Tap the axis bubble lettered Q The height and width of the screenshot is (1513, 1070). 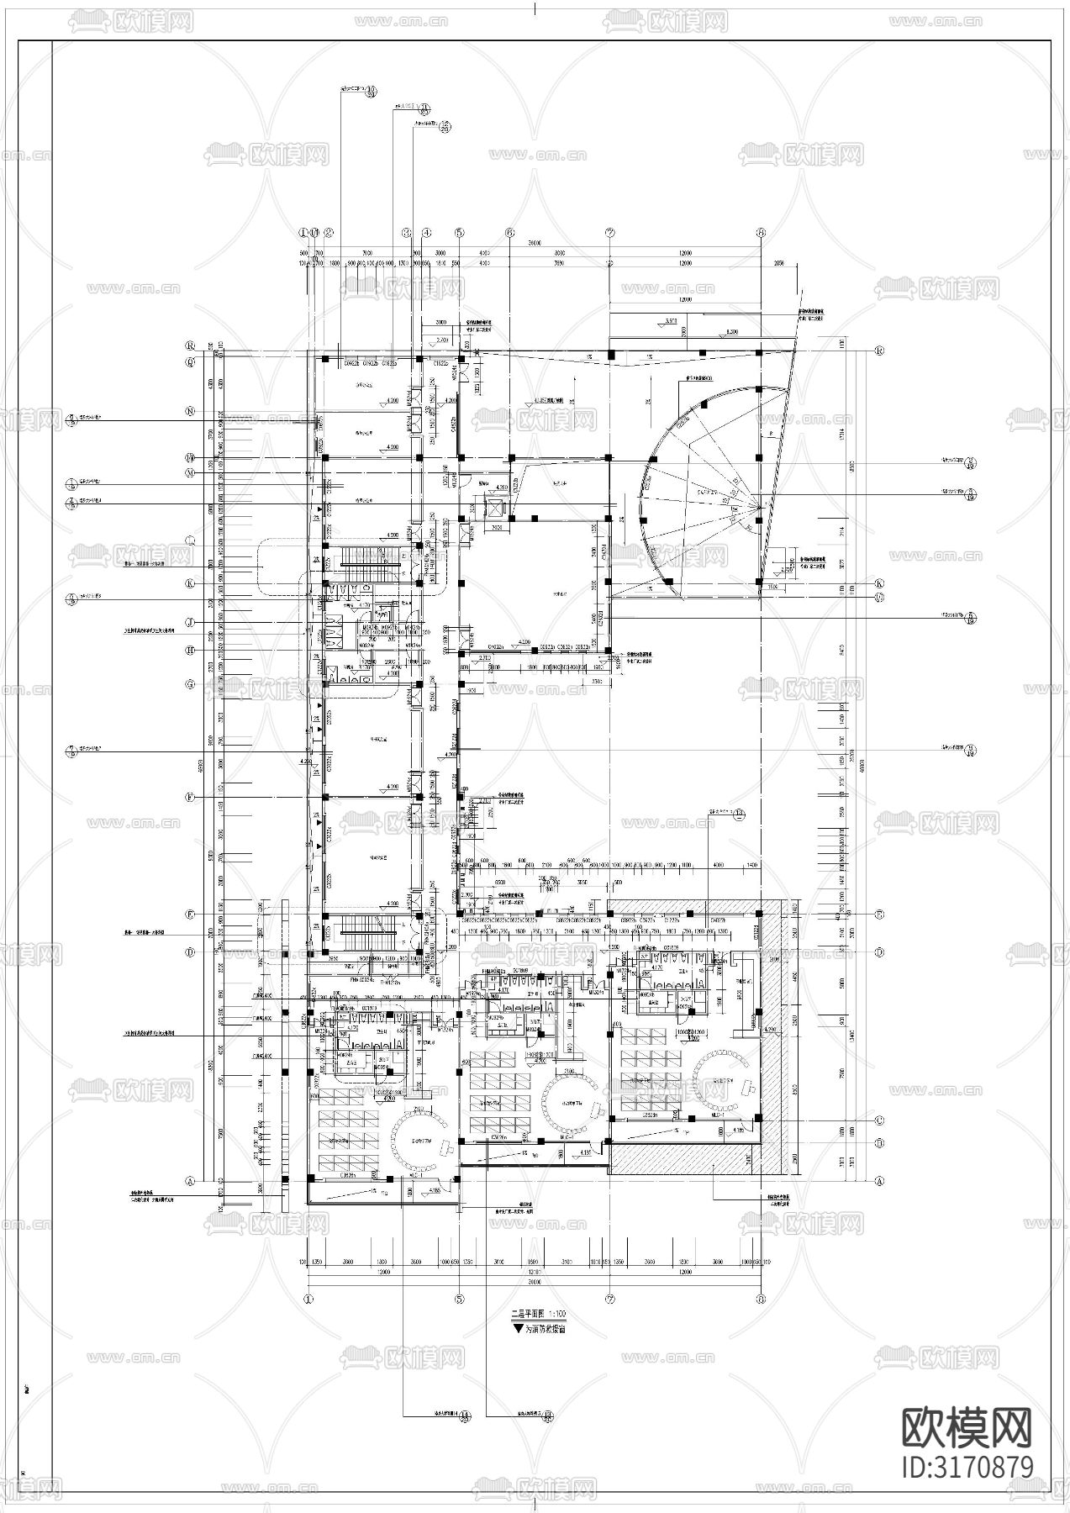tap(190, 361)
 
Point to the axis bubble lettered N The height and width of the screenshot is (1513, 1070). tap(190, 411)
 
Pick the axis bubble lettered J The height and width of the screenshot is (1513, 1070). tap(190, 622)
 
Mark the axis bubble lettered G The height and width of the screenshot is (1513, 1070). tap(190, 684)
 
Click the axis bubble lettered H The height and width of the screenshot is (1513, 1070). tap(190, 650)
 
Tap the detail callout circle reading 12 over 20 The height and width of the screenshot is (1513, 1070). tap(445, 128)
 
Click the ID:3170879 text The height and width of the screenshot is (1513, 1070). tap(967, 1467)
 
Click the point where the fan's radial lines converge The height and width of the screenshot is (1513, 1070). tap(760, 507)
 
